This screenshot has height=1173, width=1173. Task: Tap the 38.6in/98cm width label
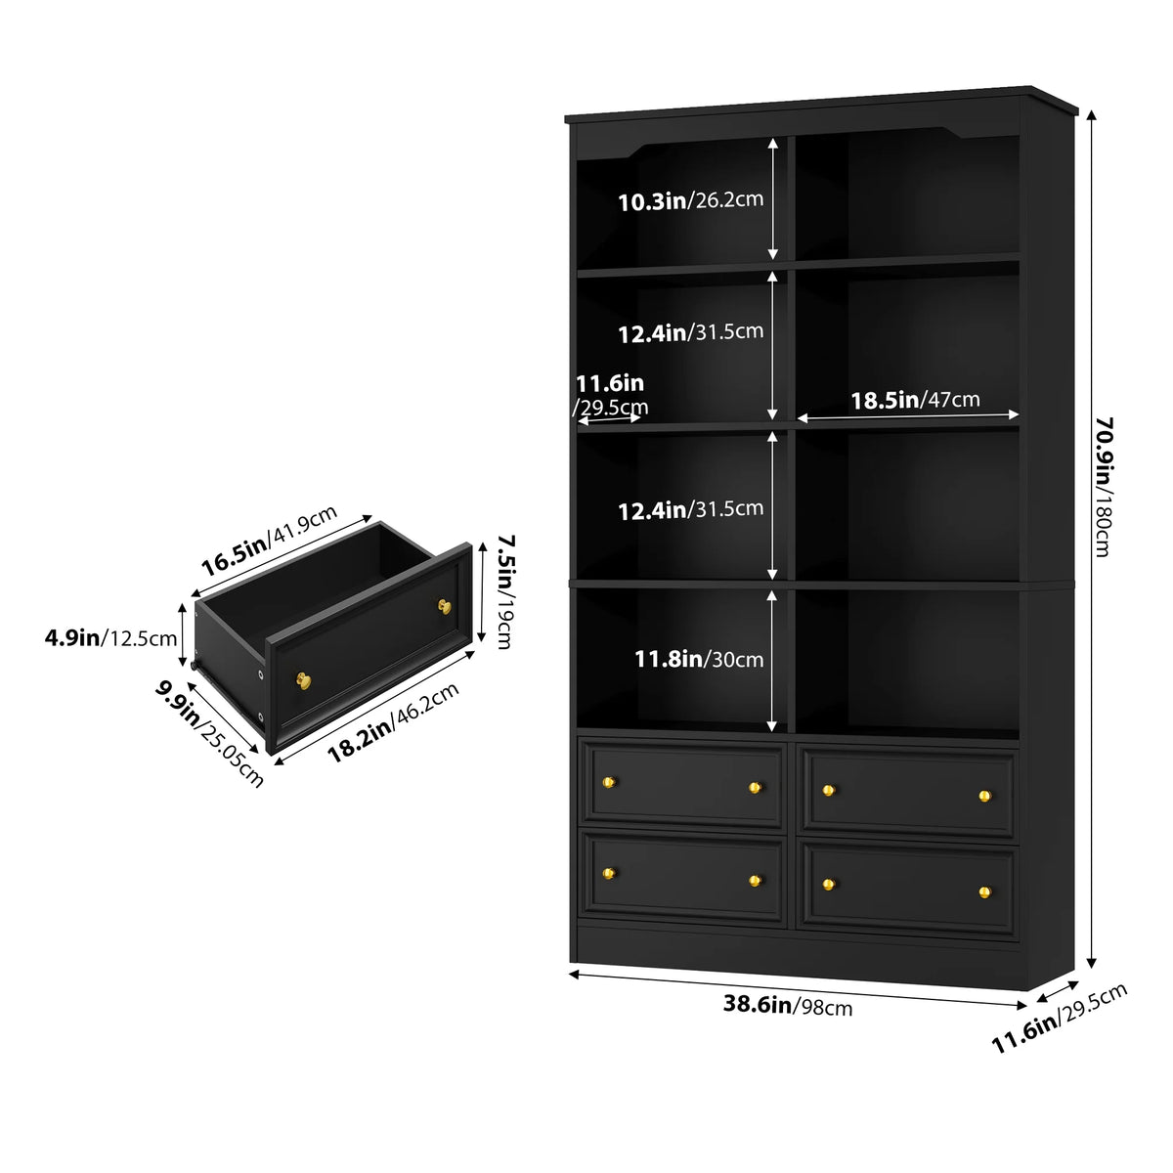click(787, 1005)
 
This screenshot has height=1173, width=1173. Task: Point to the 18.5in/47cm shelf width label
click(915, 400)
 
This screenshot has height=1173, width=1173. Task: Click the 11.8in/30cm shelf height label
click(699, 659)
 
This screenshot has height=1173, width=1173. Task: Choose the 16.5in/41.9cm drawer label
click(269, 541)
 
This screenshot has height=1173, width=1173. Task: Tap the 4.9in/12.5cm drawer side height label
click(110, 638)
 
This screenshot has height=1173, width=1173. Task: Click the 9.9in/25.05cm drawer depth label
click(209, 733)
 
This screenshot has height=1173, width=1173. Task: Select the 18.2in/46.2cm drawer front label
click(393, 722)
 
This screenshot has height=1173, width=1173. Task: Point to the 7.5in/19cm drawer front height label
click(505, 591)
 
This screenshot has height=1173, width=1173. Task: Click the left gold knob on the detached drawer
click(303, 680)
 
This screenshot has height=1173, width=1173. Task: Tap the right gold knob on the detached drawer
click(445, 606)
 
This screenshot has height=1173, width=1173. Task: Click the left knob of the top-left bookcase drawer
click(609, 782)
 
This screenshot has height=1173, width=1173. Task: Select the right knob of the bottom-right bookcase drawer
click(985, 892)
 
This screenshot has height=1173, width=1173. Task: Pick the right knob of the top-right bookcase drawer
click(985, 795)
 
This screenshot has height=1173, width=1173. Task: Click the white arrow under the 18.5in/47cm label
click(907, 416)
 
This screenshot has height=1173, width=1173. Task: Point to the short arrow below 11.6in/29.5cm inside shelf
click(609, 418)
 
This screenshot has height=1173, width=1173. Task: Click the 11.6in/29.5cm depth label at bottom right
click(1060, 1018)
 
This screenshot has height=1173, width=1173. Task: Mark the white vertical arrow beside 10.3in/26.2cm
click(772, 199)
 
